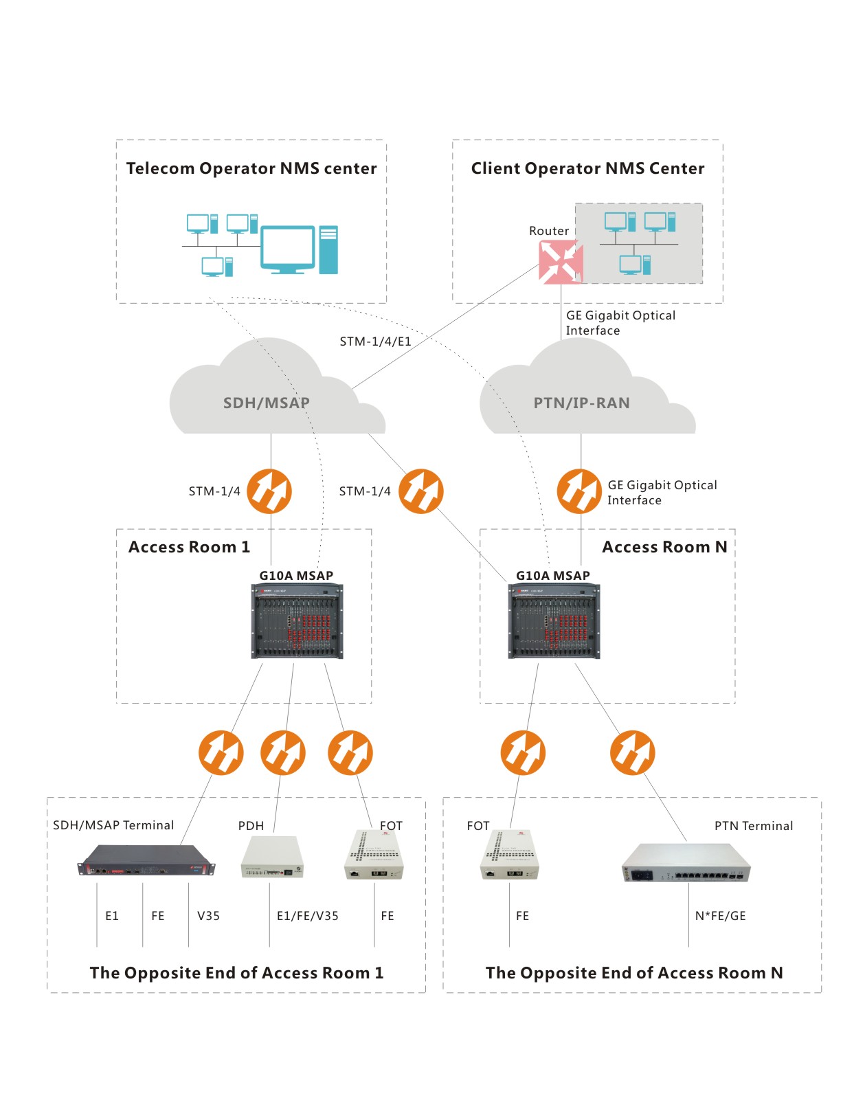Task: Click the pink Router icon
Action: click(x=561, y=262)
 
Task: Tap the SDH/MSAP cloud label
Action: click(x=266, y=403)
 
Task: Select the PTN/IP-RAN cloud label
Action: click(x=581, y=403)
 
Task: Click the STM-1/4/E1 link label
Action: click(x=375, y=341)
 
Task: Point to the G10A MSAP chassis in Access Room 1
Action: click(x=297, y=621)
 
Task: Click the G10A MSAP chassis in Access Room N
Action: click(x=554, y=621)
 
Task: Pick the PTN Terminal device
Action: click(x=686, y=863)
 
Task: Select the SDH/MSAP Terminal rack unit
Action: click(x=146, y=861)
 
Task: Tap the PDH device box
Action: click(x=272, y=858)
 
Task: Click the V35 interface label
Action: click(x=208, y=916)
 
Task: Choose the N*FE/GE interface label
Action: click(x=720, y=916)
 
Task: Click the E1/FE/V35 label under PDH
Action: click(x=307, y=916)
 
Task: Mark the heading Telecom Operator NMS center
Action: click(x=251, y=169)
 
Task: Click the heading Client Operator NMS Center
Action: click(x=587, y=169)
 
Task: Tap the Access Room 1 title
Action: click(x=189, y=548)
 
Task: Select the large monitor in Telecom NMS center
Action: click(x=287, y=248)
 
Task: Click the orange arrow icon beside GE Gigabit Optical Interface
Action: click(x=579, y=491)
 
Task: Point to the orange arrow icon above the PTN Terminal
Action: click(x=632, y=752)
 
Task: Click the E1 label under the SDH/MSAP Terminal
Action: click(x=112, y=916)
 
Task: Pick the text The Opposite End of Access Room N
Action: click(x=633, y=973)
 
